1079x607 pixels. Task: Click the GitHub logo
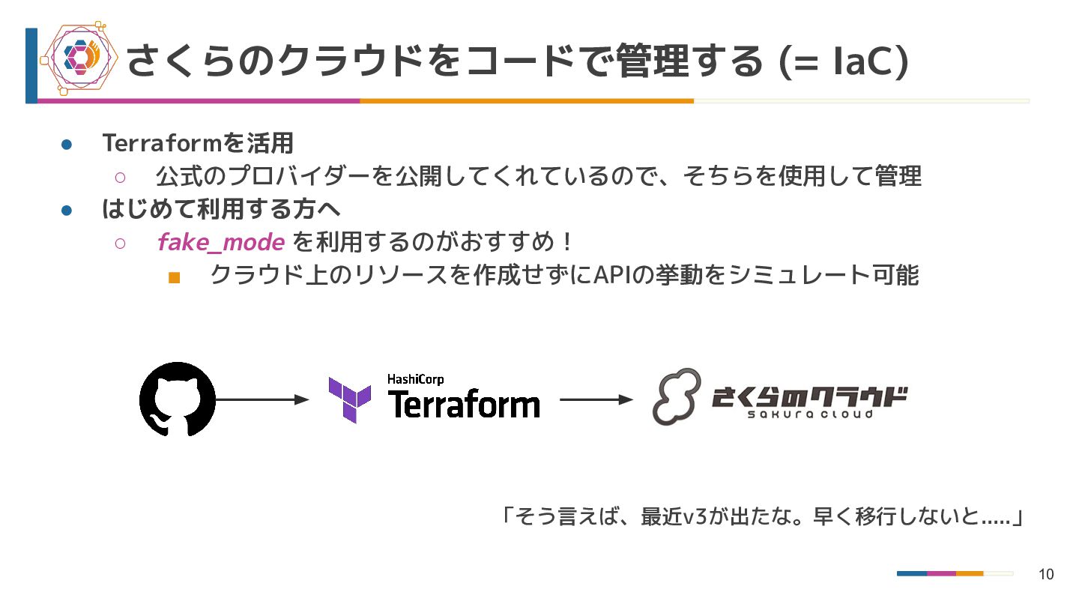178,399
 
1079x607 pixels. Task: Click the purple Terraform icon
349,399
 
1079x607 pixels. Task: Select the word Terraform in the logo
464,405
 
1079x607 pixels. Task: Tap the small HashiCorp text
415,379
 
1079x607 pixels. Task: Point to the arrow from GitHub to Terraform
262,399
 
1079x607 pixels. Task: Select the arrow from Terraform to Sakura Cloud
596,399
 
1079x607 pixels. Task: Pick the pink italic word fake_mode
221,242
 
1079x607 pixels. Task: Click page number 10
1046,575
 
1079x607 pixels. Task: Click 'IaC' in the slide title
862,60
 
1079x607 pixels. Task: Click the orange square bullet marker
175,277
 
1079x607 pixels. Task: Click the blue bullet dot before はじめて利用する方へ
66,211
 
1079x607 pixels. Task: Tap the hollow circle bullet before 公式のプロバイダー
120,178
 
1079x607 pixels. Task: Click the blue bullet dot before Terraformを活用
66,144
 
